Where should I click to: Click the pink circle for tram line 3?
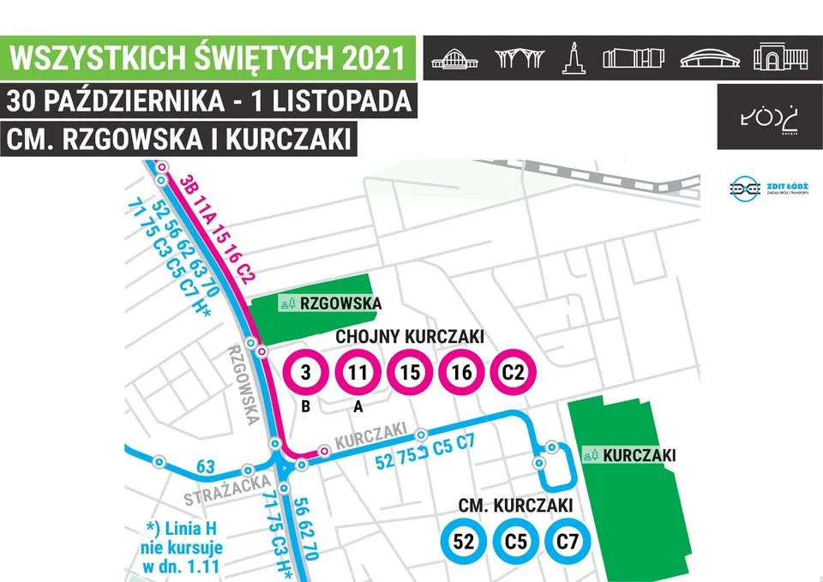[x=305, y=373]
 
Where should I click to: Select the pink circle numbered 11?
[x=357, y=373]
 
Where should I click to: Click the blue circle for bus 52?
[x=464, y=541]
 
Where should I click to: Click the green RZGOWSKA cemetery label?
[x=330, y=303]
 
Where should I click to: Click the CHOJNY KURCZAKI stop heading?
[x=410, y=337]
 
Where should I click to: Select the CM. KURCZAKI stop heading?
[x=515, y=506]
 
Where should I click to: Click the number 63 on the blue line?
[x=206, y=467]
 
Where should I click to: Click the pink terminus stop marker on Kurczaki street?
[x=324, y=450]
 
